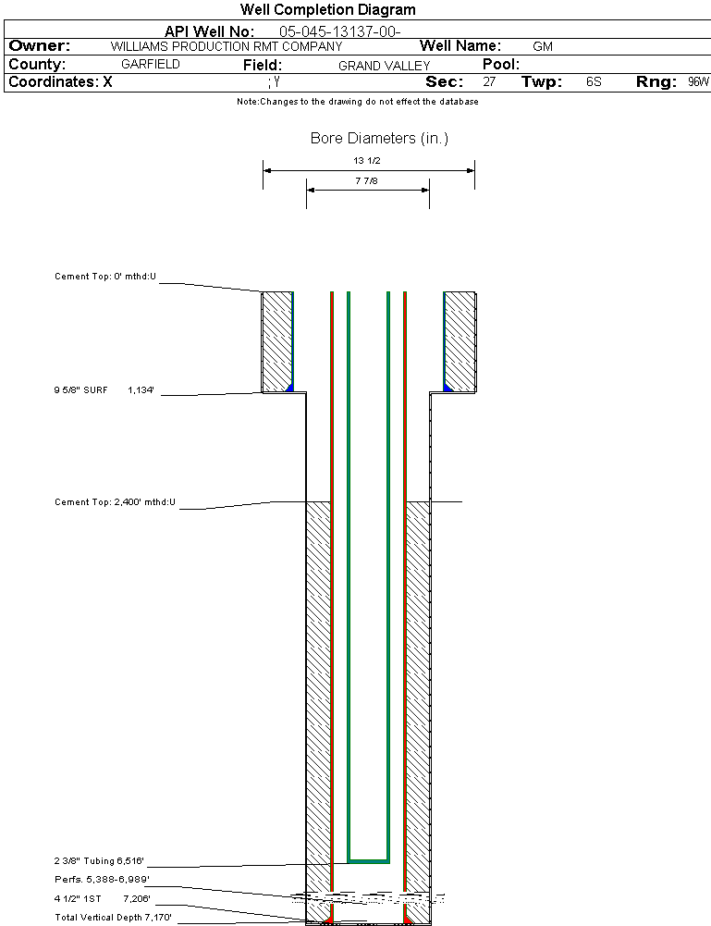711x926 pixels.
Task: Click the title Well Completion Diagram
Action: pyautogui.click(x=327, y=10)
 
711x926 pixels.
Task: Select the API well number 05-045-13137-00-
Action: pyautogui.click(x=339, y=31)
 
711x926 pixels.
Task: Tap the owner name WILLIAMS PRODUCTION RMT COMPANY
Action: pyautogui.click(x=226, y=46)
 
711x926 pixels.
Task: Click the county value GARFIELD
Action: pyautogui.click(x=151, y=65)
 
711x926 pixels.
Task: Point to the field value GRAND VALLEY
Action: pyautogui.click(x=385, y=66)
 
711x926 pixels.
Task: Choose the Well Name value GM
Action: pyautogui.click(x=543, y=46)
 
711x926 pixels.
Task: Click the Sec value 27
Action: pyautogui.click(x=489, y=82)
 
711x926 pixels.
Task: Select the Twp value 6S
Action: pyautogui.click(x=594, y=82)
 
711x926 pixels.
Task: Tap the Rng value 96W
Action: pyautogui.click(x=698, y=82)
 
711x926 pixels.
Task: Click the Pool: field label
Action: pyautogui.click(x=502, y=65)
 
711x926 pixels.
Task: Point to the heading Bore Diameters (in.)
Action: pyautogui.click(x=379, y=139)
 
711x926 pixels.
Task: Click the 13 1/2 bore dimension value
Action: pyautogui.click(x=367, y=160)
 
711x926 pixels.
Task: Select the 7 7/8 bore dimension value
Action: pyautogui.click(x=367, y=181)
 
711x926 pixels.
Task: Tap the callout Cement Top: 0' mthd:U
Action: pyautogui.click(x=105, y=277)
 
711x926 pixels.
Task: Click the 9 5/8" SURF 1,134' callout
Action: pyautogui.click(x=104, y=391)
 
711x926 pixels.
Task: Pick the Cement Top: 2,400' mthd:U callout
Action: pyautogui.click(x=115, y=502)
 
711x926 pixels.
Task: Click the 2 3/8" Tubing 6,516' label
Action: pyautogui.click(x=99, y=860)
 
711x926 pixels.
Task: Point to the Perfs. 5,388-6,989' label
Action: pyautogui.click(x=102, y=879)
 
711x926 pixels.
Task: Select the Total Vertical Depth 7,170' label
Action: pyautogui.click(x=113, y=918)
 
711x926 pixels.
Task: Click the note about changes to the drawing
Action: pyautogui.click(x=357, y=102)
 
